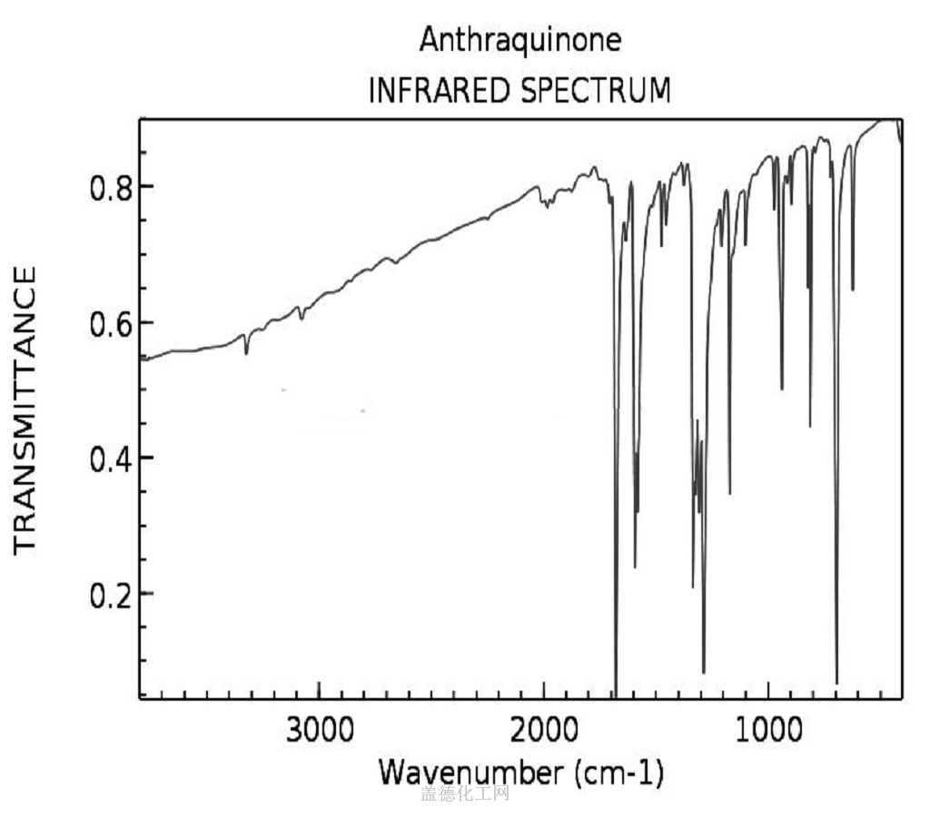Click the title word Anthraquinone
coord(519,41)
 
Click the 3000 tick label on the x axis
coord(319,732)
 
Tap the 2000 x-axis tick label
coord(543,732)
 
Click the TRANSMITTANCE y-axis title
coord(25,408)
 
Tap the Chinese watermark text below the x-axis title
coord(465,795)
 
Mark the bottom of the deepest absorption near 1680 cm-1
coord(617,694)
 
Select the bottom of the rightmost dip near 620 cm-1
coord(853,290)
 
